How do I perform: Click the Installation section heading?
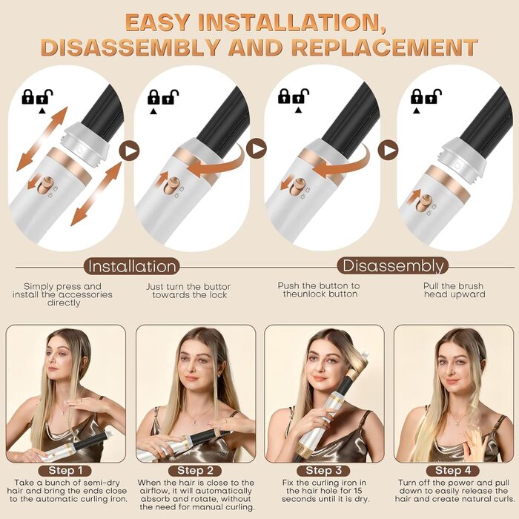pos(133,266)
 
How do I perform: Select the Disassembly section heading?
pos(392,265)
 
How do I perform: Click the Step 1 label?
pos(67,470)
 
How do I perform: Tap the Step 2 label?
pos(196,470)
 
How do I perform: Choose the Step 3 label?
pos(324,470)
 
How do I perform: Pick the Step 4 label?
pos(453,470)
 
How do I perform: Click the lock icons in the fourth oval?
pos(427,96)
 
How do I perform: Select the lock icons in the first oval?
pos(37,97)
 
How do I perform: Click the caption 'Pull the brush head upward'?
pos(454,290)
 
